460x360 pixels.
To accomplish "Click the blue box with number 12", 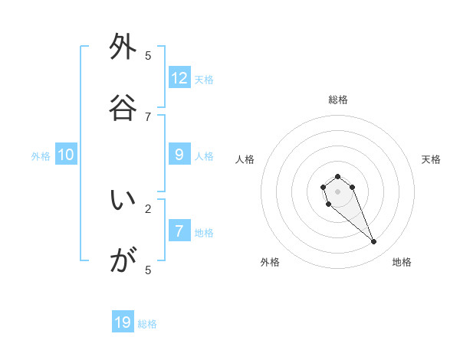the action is click(x=179, y=78).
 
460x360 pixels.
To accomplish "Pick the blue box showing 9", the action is click(x=179, y=155).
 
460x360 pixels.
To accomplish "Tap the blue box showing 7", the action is click(x=179, y=231).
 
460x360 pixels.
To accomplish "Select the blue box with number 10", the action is click(x=66, y=155).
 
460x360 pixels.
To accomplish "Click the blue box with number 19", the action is click(x=123, y=322).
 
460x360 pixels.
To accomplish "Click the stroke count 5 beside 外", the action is click(x=148, y=56).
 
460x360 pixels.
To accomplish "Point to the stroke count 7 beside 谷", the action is click(x=148, y=116).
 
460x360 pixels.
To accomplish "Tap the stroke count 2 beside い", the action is click(x=148, y=208).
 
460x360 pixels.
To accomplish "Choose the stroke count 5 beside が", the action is click(x=148, y=270).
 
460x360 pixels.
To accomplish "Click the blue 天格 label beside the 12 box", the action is click(x=204, y=80).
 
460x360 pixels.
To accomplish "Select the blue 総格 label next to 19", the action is click(x=147, y=324).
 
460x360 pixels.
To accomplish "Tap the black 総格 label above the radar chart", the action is click(x=337, y=100).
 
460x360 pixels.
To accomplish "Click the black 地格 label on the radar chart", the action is click(x=402, y=263).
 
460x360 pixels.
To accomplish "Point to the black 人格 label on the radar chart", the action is click(x=245, y=159).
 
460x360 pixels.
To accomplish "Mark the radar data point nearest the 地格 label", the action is click(x=374, y=242).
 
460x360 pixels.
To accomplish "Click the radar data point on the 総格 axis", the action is click(x=337, y=176).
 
